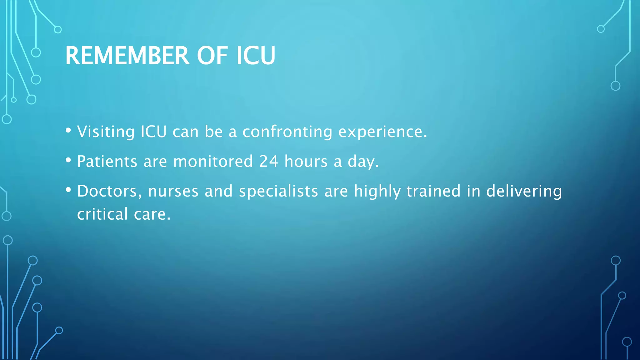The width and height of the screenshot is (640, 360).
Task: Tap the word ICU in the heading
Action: (x=256, y=56)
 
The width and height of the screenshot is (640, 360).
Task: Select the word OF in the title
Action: (x=212, y=56)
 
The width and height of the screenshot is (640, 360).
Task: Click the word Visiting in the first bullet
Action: (x=106, y=132)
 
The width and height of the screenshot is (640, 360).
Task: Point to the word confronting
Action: (x=287, y=132)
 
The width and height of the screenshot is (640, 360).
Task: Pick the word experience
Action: (x=382, y=132)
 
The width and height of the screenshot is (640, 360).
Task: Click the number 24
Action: (x=268, y=161)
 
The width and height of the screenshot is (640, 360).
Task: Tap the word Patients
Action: (x=107, y=161)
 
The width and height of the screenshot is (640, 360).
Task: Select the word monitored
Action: (x=213, y=161)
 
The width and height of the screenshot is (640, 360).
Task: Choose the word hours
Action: (x=306, y=161)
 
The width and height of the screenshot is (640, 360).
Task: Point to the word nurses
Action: (x=173, y=191)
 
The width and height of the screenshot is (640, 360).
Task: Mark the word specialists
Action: (x=278, y=191)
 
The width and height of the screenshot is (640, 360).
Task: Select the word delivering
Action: (x=524, y=191)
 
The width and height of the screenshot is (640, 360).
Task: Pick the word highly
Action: (x=377, y=191)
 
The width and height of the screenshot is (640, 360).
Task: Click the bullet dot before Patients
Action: (x=68, y=160)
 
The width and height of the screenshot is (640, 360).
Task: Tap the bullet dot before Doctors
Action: (x=68, y=190)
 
